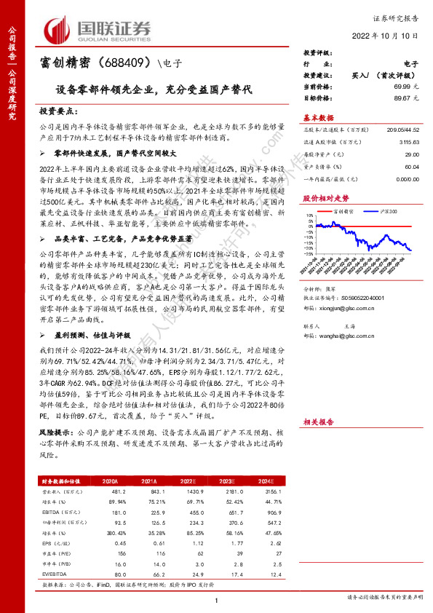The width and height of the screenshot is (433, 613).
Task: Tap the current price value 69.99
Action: click(404, 87)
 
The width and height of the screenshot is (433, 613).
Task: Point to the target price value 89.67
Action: click(404, 97)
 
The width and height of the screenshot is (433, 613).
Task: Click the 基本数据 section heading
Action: click(318, 117)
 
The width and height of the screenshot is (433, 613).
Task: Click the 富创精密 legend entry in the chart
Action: click(342, 210)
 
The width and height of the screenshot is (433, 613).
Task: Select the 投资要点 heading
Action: click(58, 111)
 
